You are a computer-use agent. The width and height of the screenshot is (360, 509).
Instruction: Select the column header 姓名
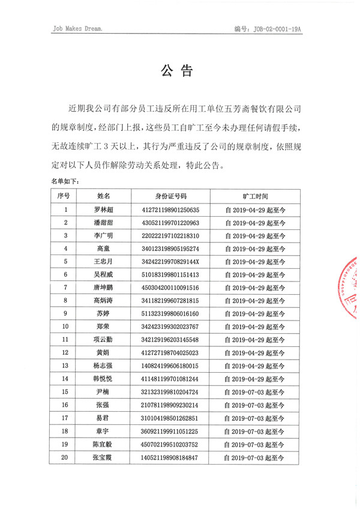pos(104,196)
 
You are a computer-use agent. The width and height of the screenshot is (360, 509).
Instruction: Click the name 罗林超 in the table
pos(104,210)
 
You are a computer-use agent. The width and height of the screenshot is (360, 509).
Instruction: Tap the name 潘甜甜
pos(104,223)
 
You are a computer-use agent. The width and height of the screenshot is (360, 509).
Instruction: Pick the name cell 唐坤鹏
pos(104,288)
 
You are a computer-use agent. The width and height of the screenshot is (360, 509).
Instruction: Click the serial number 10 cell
pos(65,327)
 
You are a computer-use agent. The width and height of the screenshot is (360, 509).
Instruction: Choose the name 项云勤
pos(104,339)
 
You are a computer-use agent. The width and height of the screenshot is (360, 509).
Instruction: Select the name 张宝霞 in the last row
pos(104,457)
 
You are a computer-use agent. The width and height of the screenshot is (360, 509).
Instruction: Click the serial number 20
pos(65,457)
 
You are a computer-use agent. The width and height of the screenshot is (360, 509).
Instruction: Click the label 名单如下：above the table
pos(62,180)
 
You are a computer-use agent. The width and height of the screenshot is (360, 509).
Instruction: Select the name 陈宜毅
pos(104,444)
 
